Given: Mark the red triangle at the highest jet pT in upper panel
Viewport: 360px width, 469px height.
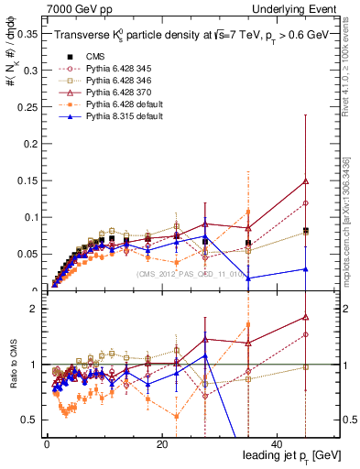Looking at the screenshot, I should pyautogui.click(x=305, y=181).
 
